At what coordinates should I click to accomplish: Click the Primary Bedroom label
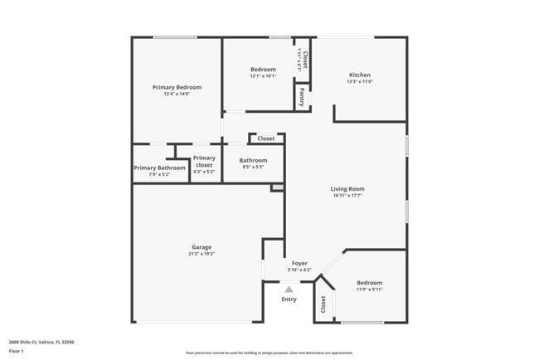pyautogui.click(x=177, y=87)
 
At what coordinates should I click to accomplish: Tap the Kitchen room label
pyautogui.click(x=359, y=75)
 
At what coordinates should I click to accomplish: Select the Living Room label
pyautogui.click(x=348, y=189)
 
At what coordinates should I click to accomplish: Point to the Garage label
pyautogui.click(x=202, y=247)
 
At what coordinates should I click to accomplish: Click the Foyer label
pyautogui.click(x=299, y=263)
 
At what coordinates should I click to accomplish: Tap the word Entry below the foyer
pyautogui.click(x=289, y=299)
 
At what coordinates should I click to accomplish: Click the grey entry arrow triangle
pyautogui.click(x=289, y=289)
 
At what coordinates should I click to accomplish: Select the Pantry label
pyautogui.click(x=303, y=97)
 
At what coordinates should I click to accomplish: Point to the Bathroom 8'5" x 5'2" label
pyautogui.click(x=253, y=160)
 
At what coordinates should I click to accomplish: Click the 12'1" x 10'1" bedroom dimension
pyautogui.click(x=263, y=76)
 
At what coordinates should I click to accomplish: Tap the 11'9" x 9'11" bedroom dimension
pyautogui.click(x=369, y=289)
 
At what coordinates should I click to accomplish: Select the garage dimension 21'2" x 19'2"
pyautogui.click(x=202, y=254)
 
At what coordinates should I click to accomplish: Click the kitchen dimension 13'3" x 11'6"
pyautogui.click(x=360, y=81)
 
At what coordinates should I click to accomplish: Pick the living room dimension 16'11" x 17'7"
pyautogui.click(x=348, y=196)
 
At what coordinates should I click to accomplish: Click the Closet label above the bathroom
pyautogui.click(x=266, y=139)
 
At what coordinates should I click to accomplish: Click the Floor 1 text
pyautogui.click(x=16, y=351)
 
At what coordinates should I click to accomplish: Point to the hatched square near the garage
pyautogui.click(x=278, y=188)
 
